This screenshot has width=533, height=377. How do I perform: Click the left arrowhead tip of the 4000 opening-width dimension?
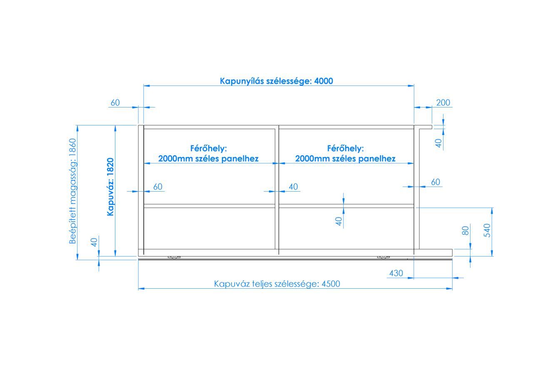144,86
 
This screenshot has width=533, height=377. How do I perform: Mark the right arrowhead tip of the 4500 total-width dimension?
452,289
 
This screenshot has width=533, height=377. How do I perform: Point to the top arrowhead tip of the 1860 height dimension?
77,125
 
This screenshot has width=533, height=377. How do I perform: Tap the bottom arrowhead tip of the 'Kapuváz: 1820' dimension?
115,256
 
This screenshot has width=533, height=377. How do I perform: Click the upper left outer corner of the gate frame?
139,125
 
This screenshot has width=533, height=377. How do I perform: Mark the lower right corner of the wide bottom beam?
452,256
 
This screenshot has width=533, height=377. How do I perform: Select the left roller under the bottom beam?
174,257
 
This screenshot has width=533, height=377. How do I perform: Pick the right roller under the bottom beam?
384,257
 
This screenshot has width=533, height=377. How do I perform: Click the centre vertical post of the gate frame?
277,190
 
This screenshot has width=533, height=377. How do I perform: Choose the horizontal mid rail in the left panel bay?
209,206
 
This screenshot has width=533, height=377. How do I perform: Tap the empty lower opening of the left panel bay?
209,228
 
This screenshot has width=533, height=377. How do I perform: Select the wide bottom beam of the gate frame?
295,253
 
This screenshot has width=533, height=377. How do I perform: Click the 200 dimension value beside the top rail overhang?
443,102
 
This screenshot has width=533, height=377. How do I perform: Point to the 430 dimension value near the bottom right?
396,273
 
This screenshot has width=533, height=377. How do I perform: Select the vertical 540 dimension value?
487,230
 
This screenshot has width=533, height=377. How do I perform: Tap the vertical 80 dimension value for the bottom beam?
465,231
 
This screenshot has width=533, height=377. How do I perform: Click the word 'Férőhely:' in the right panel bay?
346,149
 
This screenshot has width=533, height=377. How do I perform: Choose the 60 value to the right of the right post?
436,182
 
